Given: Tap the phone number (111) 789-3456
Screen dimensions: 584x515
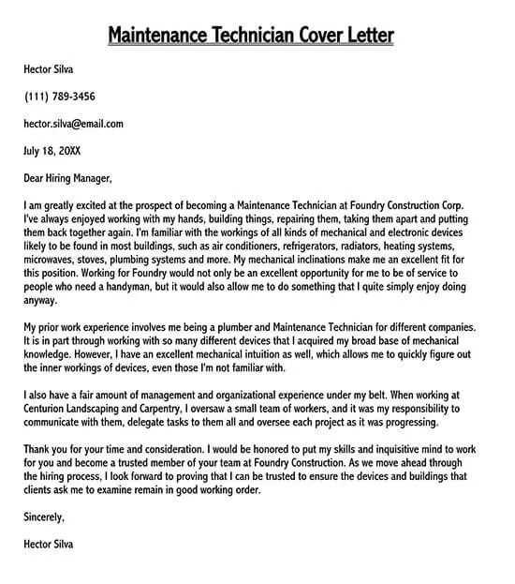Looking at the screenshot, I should pyautogui.click(x=60, y=97).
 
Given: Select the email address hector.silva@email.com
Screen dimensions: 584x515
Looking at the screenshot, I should pyautogui.click(x=74, y=123).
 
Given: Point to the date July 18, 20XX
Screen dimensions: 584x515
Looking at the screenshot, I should pyautogui.click(x=51, y=150).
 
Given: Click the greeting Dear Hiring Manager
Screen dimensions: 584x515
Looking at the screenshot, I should pyautogui.click(x=68, y=177).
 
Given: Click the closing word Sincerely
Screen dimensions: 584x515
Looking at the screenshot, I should pyautogui.click(x=44, y=517).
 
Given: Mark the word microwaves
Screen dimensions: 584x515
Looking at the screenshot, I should pyautogui.click(x=51, y=259).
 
